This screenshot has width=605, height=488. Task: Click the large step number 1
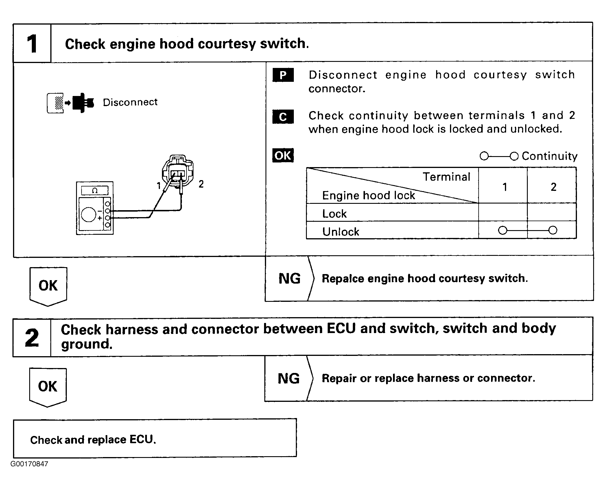pos(32,44)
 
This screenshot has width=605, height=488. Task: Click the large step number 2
pos(32,338)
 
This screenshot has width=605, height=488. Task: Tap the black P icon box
pos(283,75)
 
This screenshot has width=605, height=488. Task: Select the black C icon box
pos(283,117)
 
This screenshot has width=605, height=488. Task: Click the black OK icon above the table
pos(283,155)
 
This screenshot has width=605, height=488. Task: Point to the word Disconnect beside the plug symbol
pos(130,102)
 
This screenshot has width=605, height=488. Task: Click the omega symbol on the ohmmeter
pos(95,191)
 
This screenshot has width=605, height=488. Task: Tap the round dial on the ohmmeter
pos(88,214)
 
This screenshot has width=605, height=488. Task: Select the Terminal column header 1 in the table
pos(505,187)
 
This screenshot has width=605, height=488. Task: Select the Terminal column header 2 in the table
pos(553,187)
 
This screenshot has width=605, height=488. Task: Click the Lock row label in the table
pos(334,214)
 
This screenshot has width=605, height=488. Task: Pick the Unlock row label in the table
pos(341,232)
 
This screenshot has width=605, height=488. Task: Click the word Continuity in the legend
pos(549,156)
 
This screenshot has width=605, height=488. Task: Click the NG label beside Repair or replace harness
pos(288,378)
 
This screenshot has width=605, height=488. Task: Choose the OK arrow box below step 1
pos(48,286)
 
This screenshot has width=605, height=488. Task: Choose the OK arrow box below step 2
pos(48,387)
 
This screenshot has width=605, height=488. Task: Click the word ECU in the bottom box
pos(143,439)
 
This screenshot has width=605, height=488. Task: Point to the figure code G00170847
pos(29,464)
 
